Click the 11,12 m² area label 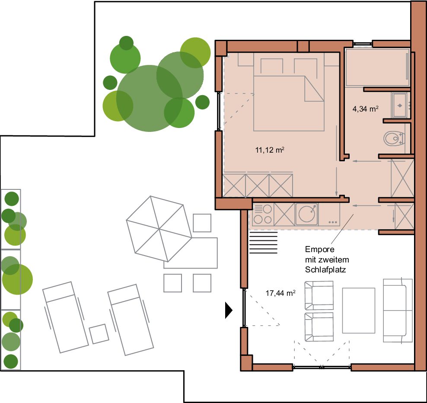(270, 150)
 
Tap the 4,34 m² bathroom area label (365, 109)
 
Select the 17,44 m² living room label (280, 293)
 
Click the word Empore (319, 249)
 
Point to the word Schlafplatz (325, 270)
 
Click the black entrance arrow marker (228, 310)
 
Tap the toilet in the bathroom (394, 138)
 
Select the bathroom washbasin (400, 105)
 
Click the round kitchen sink (306, 214)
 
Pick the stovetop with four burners (262, 214)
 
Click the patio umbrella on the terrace (159, 229)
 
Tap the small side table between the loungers (99, 334)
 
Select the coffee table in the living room (358, 310)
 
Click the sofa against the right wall (398, 310)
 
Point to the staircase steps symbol (263, 243)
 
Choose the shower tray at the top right (377, 67)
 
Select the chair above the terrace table (202, 223)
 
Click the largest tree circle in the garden (149, 98)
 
